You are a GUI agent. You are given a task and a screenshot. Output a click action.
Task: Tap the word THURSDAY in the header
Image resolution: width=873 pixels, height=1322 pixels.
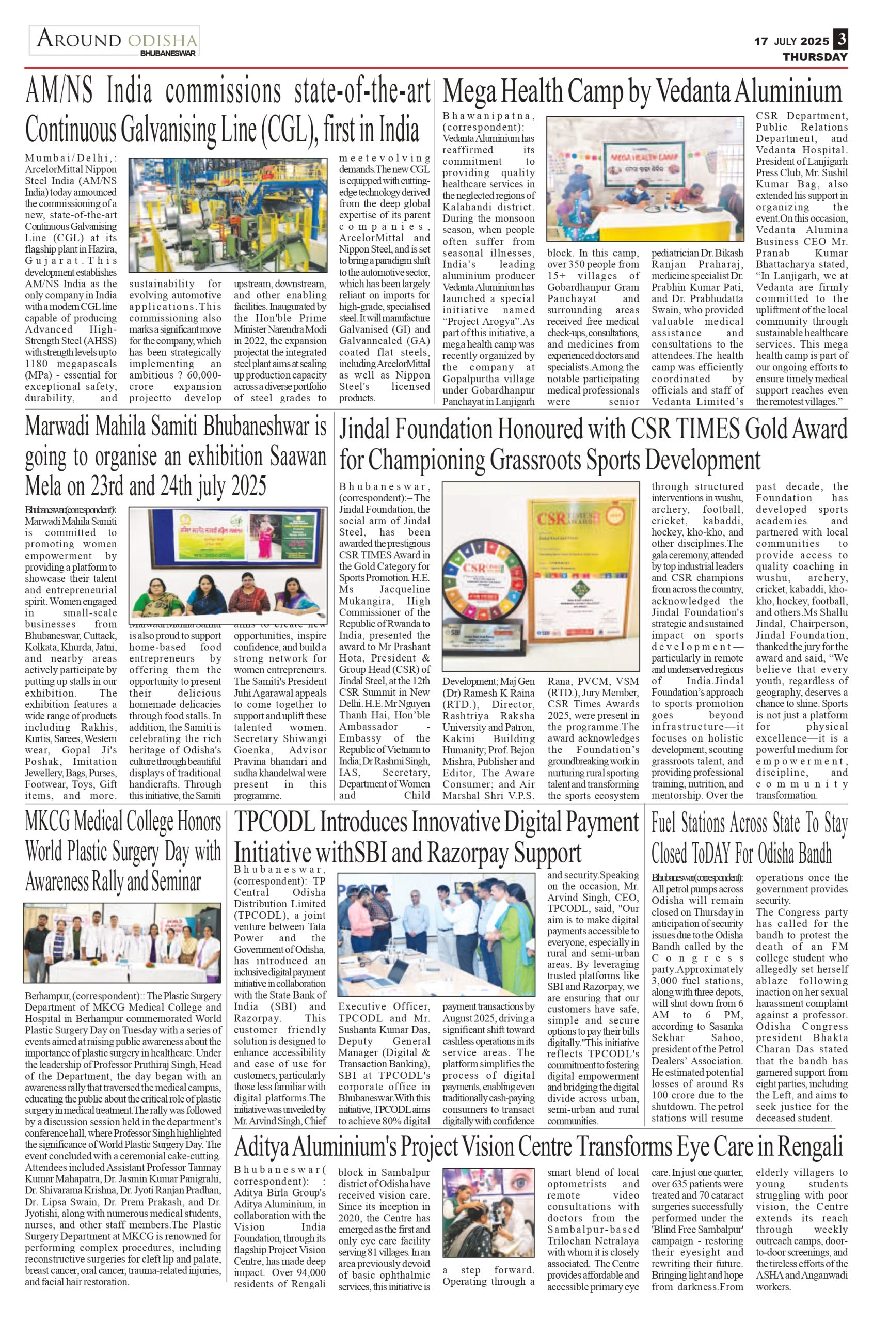815,57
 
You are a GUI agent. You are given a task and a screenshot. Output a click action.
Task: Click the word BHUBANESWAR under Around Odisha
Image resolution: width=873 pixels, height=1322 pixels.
168,54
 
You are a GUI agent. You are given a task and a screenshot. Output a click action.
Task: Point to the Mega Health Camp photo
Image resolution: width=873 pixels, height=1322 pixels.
645,178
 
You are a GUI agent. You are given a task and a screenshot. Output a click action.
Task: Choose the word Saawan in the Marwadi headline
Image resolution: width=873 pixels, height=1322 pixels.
298,457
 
